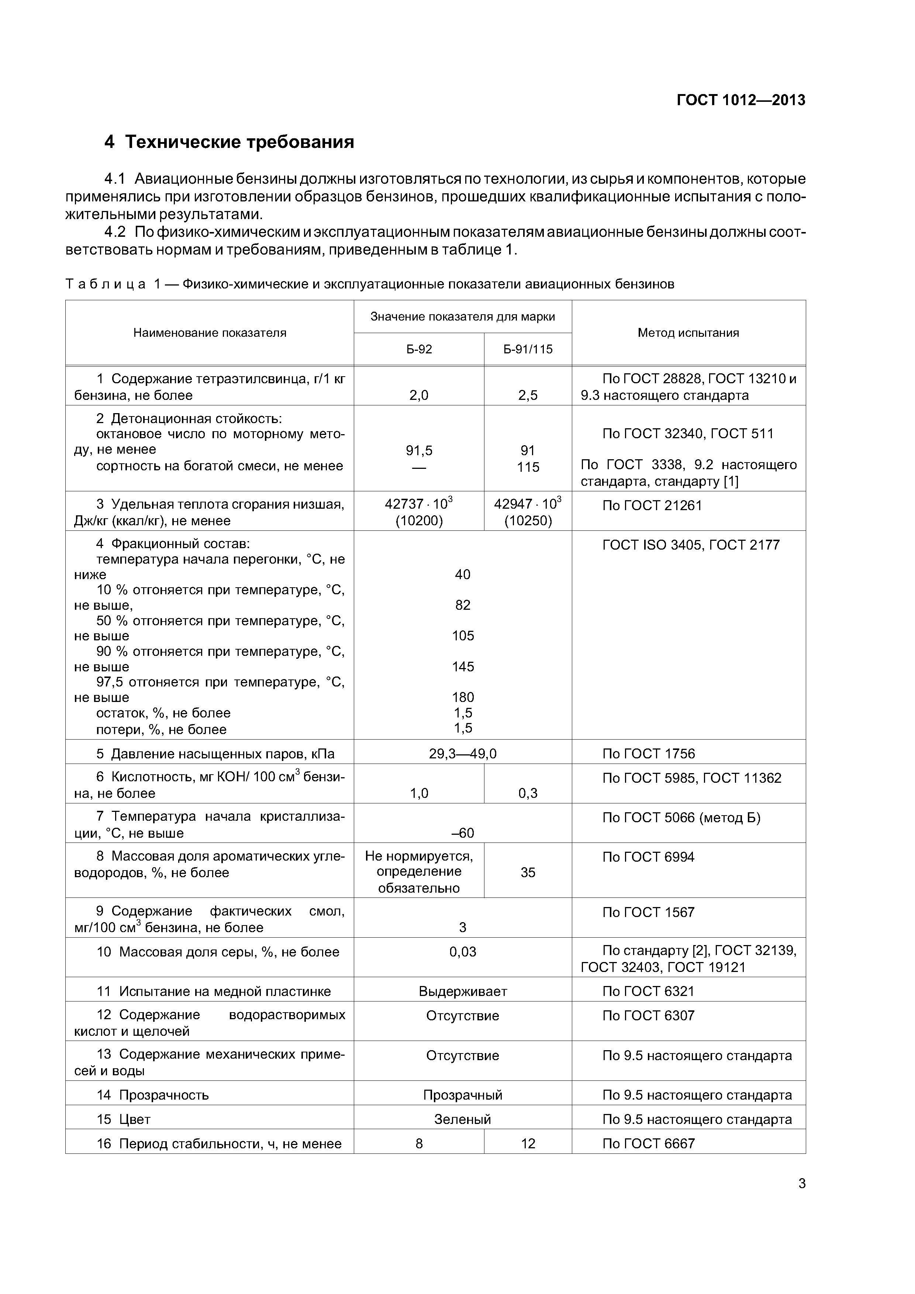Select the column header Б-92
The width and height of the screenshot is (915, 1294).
(x=419, y=349)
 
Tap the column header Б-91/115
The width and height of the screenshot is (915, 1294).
(x=528, y=349)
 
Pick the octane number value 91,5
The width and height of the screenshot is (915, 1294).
(x=419, y=450)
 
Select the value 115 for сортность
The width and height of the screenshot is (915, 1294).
(x=528, y=467)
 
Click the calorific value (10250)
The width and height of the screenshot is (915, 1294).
(x=528, y=521)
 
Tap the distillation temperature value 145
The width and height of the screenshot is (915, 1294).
(x=463, y=667)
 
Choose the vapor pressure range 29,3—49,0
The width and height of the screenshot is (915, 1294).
(x=463, y=754)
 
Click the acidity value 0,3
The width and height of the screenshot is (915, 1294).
(x=528, y=793)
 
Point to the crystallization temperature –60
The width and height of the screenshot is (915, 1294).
(x=463, y=833)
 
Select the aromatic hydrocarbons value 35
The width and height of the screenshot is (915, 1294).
(x=528, y=872)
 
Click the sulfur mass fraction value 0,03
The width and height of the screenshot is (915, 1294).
(x=463, y=952)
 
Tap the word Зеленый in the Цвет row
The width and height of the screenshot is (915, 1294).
(x=463, y=1119)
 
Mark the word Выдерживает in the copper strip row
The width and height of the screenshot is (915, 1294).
(x=463, y=992)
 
